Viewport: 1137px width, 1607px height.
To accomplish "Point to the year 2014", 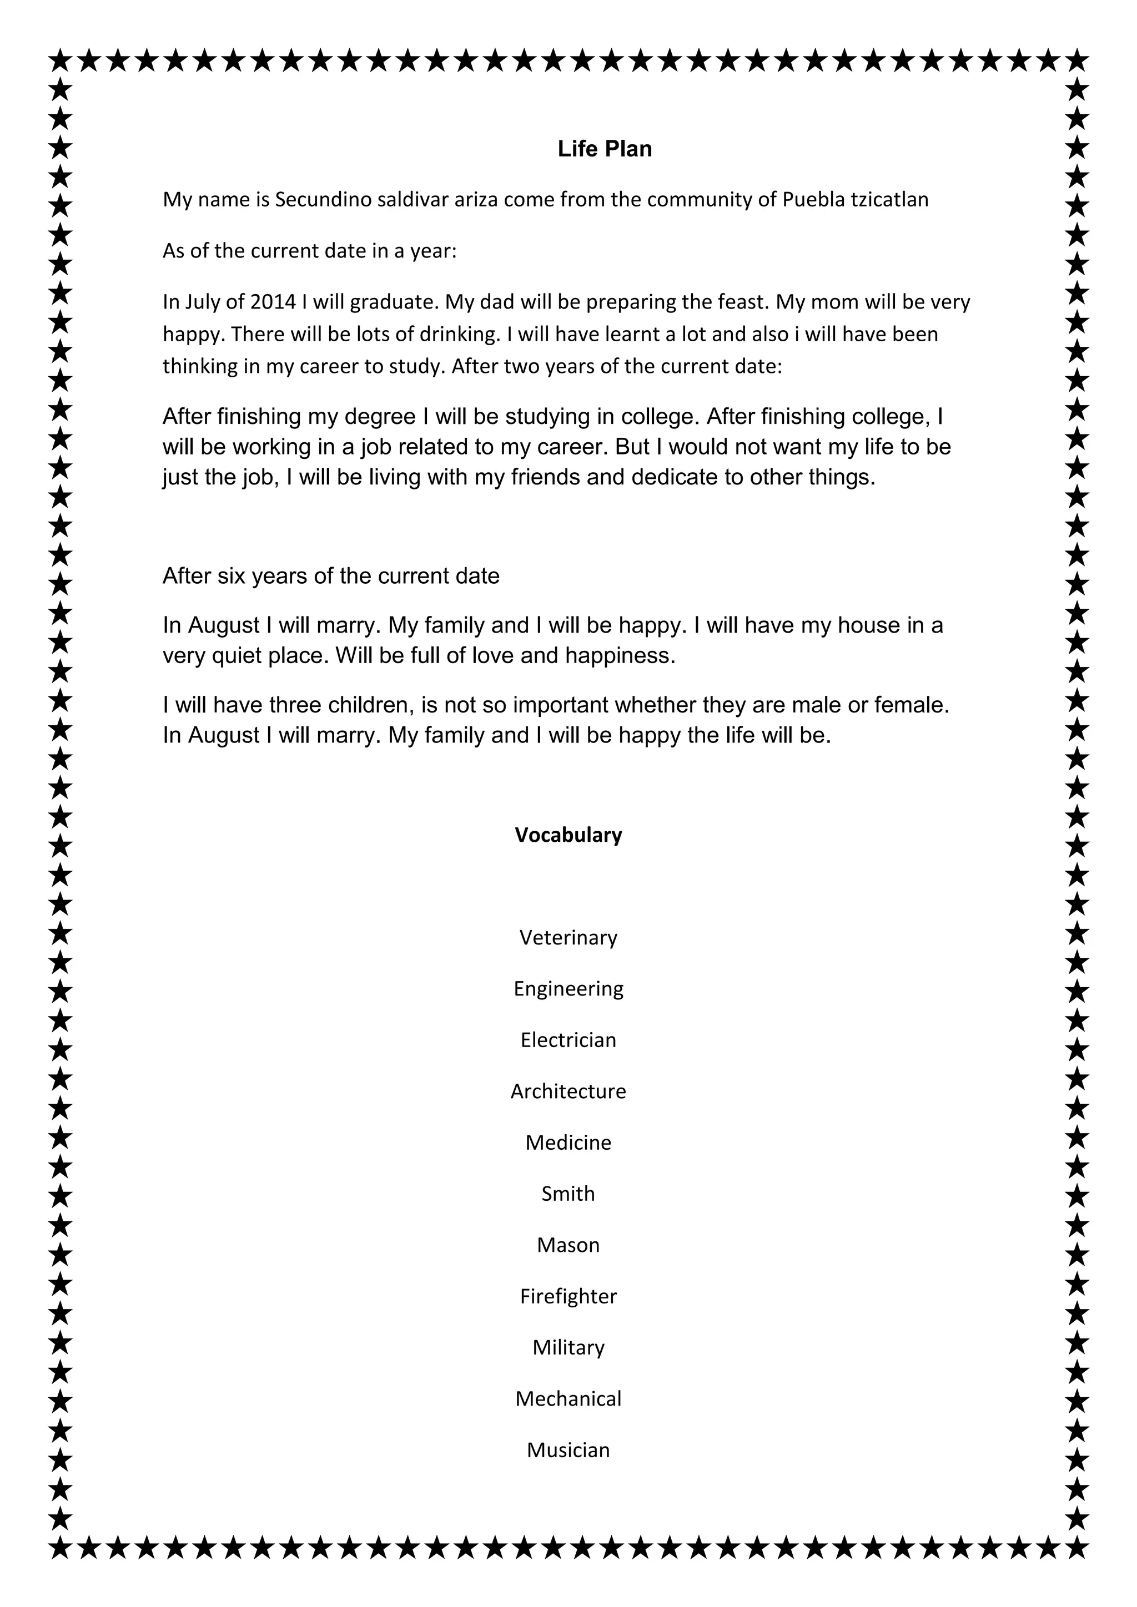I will point(273,302).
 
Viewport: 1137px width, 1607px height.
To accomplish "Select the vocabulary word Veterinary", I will point(568,937).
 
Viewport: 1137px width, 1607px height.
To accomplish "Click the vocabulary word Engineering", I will point(568,989).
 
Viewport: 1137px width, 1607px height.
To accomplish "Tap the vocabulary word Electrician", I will point(568,1039).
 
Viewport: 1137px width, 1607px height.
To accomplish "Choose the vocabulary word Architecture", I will point(568,1090).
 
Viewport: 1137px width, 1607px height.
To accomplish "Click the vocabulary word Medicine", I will point(568,1142).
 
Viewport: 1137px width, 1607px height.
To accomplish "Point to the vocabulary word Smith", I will point(568,1194).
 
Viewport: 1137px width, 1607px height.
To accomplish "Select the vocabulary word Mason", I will point(568,1245).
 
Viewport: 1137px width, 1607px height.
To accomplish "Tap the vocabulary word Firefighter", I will point(568,1296).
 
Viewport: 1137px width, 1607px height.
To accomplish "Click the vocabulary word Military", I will point(568,1347).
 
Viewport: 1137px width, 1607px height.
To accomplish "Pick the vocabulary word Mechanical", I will point(568,1398).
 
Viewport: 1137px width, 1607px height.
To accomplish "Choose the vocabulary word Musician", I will point(568,1449).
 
